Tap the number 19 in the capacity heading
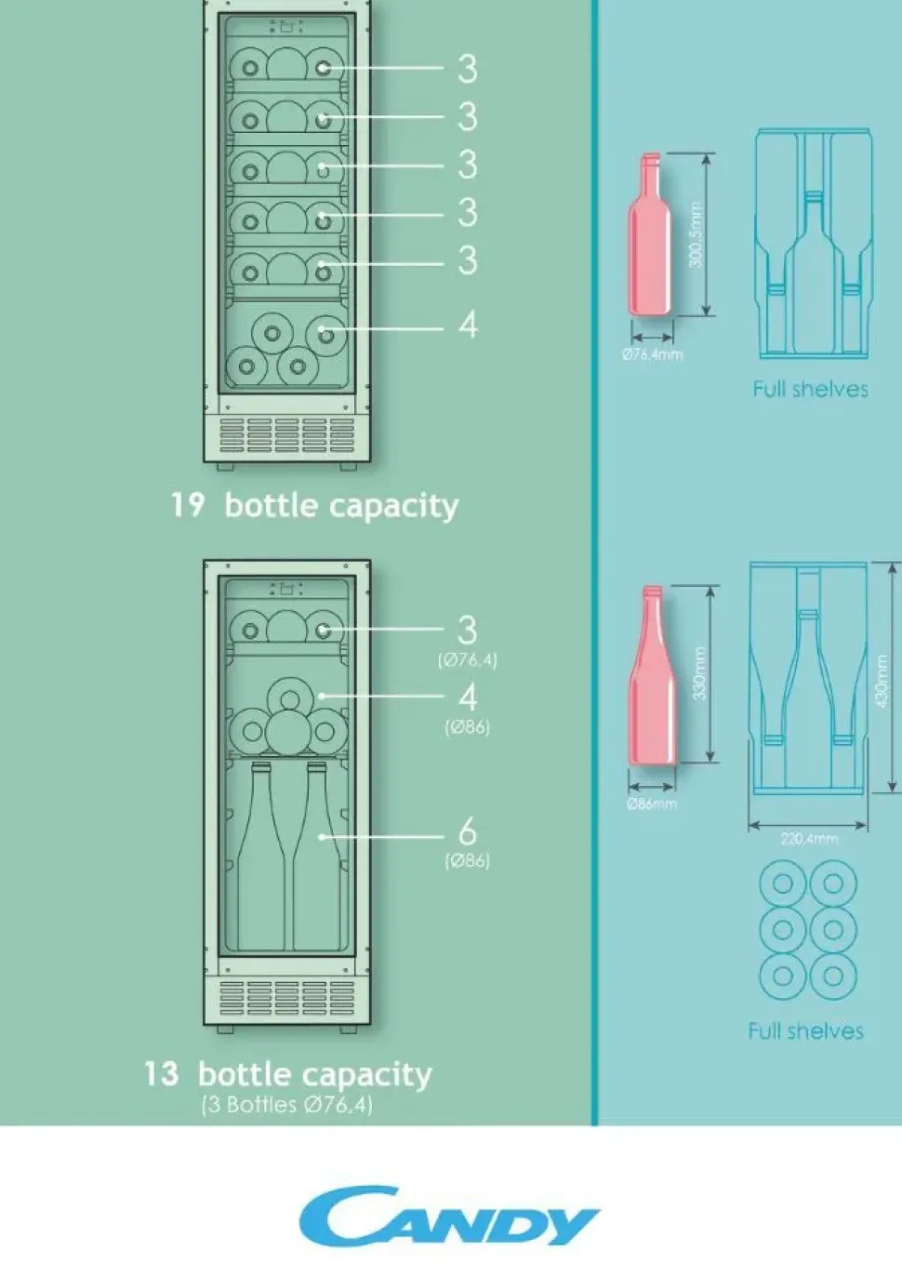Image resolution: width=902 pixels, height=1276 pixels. tap(187, 505)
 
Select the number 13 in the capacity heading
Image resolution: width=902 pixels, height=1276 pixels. tap(161, 1074)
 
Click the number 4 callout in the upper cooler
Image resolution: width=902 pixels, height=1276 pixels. tap(468, 326)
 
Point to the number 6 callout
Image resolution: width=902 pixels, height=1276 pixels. tap(467, 832)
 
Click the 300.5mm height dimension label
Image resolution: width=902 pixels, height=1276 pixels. tap(696, 234)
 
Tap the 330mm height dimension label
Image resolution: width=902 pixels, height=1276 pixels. tap(700, 673)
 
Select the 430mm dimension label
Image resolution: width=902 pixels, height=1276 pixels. tap(881, 681)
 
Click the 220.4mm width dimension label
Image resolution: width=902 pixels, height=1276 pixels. tap(809, 839)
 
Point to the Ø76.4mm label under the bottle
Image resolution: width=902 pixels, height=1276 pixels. tap(652, 355)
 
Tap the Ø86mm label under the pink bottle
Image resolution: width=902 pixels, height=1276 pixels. tap(652, 804)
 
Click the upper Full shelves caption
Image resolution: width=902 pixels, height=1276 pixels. tap(810, 389)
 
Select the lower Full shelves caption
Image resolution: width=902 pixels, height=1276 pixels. tap(806, 1031)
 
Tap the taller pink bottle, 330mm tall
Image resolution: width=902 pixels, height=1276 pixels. tap(653, 674)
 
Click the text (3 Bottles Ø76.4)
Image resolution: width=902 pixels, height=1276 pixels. tap(287, 1105)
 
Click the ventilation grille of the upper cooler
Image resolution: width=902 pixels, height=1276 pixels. tap(287, 434)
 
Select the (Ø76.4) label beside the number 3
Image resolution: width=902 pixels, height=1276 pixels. tap(468, 660)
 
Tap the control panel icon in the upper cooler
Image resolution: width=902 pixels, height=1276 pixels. tap(286, 26)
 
